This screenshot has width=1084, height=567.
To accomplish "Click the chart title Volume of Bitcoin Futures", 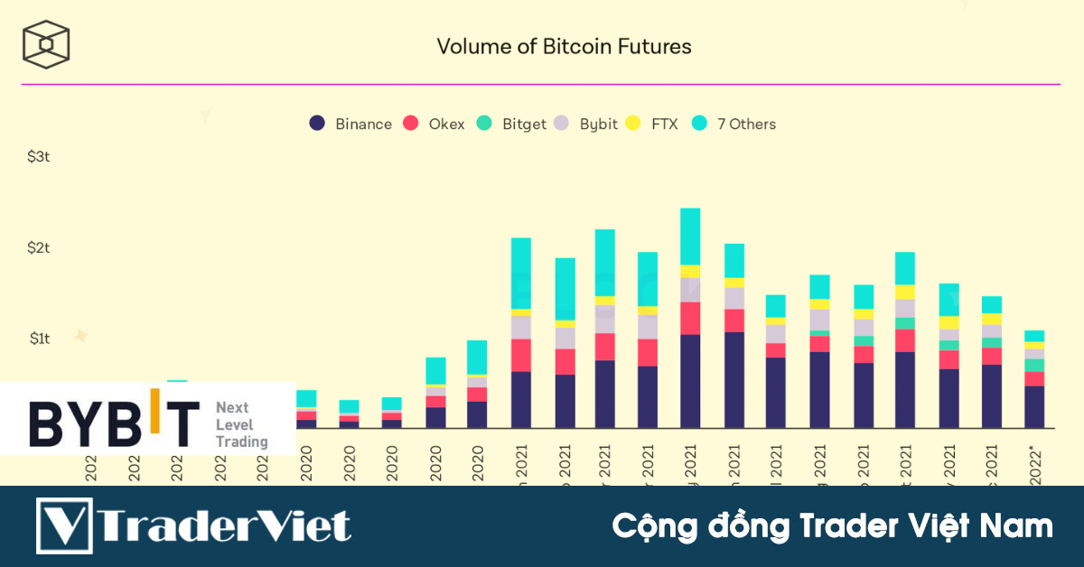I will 564,46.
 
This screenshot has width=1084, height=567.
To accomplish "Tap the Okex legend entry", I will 435,124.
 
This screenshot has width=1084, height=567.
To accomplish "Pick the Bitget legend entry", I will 512,124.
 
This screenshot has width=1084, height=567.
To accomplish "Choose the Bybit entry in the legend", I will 586,124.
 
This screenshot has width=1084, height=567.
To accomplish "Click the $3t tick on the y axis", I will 38,157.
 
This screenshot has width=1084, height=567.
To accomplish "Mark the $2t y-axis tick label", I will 38,247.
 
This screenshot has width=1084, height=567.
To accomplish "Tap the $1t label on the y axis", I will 38,339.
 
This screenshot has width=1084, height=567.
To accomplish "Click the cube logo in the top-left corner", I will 47,44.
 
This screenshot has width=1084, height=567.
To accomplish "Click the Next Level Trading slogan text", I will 241,425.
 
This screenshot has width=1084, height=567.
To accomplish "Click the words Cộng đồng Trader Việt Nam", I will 832,525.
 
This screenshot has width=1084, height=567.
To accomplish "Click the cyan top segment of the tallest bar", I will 690,237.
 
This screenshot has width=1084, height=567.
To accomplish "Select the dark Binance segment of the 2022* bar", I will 1034,406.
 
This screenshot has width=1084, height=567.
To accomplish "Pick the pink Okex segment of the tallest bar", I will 690,318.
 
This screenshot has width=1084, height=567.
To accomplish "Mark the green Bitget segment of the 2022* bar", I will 1034,365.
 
